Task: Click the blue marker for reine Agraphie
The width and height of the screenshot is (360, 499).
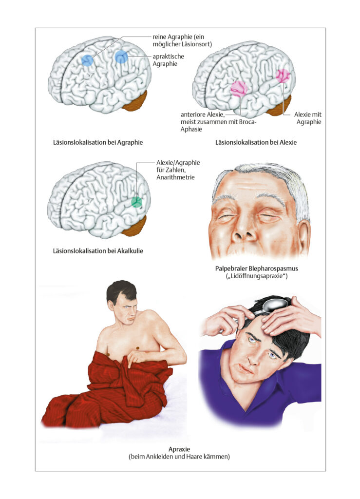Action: [x=87, y=60]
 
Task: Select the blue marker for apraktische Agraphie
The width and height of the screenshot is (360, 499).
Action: [x=121, y=57]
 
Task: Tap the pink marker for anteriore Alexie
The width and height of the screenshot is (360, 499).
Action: [x=239, y=89]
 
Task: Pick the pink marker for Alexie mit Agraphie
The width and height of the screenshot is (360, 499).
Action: [x=283, y=76]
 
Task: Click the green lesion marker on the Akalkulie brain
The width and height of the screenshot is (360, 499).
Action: [x=137, y=202]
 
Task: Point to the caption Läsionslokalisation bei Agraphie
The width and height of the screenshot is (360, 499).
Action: [x=98, y=142]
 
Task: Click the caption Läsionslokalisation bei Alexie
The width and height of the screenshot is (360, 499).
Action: [x=256, y=142]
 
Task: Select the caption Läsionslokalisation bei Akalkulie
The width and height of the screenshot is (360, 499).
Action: [x=98, y=251]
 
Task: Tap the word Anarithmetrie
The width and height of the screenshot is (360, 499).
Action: [x=175, y=177]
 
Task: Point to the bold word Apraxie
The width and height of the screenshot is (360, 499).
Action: [x=179, y=449]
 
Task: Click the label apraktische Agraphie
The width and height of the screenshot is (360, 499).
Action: [x=168, y=60]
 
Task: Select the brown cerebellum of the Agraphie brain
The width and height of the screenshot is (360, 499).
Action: [x=135, y=101]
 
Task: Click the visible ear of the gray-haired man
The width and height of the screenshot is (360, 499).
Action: [x=303, y=235]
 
